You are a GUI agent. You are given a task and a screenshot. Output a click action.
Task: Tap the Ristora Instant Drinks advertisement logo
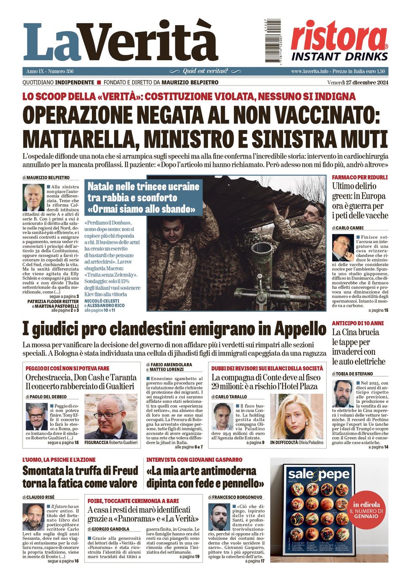tap(339, 41)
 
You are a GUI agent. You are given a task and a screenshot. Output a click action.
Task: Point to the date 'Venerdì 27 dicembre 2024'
tap(358, 82)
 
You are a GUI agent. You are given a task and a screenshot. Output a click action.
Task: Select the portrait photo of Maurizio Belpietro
tap(33, 197)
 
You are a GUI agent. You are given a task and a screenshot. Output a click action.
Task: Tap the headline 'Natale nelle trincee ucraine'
tap(143, 187)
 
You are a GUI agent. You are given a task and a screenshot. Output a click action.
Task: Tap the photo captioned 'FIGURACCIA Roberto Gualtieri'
tap(111, 416)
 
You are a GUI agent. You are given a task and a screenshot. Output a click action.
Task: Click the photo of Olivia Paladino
tap(297, 416)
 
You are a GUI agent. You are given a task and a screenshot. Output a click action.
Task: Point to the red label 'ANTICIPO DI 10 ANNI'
tap(357, 323)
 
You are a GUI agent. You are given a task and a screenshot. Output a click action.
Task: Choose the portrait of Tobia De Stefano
tap(343, 394)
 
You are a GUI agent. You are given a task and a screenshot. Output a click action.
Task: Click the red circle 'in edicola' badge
tap(366, 510)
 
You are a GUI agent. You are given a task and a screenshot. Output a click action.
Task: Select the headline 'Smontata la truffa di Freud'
tap(80, 471)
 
